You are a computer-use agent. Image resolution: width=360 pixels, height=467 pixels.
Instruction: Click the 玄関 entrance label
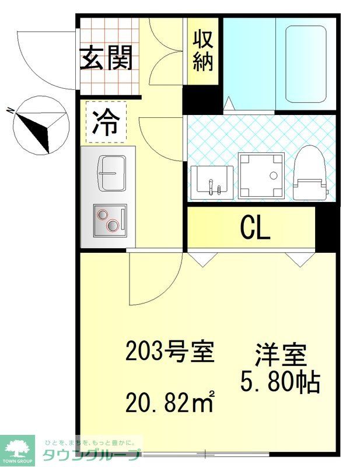[x=107, y=58]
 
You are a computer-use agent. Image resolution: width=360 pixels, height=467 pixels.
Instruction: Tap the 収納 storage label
[x=202, y=51]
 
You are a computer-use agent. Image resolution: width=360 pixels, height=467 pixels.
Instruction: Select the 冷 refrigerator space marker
[x=106, y=123]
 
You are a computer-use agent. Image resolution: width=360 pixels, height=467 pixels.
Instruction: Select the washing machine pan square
[x=261, y=175]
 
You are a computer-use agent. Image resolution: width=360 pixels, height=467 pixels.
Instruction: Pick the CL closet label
[x=255, y=228]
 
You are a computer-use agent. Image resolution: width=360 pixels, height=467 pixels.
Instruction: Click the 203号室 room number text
[x=166, y=351]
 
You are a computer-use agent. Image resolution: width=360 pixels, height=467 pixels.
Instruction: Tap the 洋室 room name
[x=280, y=357]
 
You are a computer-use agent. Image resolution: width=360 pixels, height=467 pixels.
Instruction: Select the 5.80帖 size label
[x=280, y=382]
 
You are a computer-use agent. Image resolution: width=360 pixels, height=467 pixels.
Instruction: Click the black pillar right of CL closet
[x=327, y=228]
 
